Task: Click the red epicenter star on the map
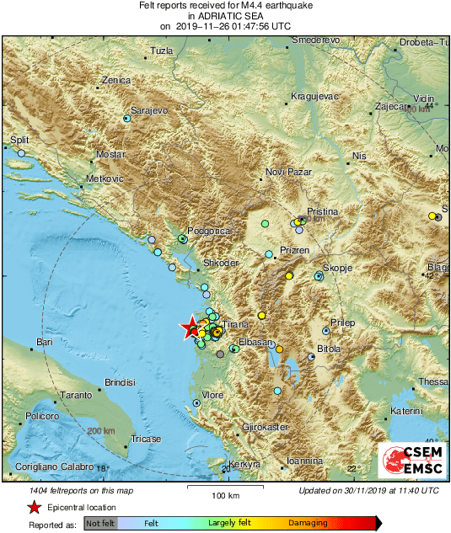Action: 191,328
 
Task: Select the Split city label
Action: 19,141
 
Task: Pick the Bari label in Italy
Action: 45,343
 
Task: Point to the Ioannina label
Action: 305,461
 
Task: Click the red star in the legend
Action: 34,507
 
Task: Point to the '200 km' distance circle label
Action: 101,431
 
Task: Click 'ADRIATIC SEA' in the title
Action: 226,15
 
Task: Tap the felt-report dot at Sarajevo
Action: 126,119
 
